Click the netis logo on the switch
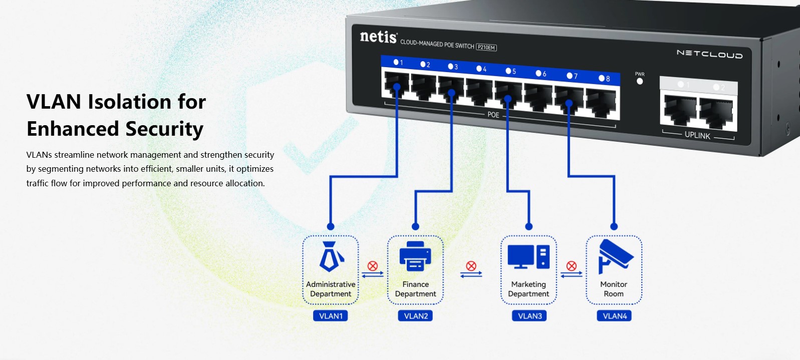378,37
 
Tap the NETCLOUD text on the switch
709,54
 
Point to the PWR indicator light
640,81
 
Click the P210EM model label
486,48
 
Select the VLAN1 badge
331,316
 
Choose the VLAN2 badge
416,316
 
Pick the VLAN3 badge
529,316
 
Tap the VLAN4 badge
614,316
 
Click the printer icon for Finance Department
415,256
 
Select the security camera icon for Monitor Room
615,256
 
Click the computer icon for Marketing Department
528,256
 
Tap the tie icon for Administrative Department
331,256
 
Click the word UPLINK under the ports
697,135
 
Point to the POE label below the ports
493,115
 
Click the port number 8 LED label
604,79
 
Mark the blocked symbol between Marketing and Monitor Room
572,266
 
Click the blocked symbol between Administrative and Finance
373,266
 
